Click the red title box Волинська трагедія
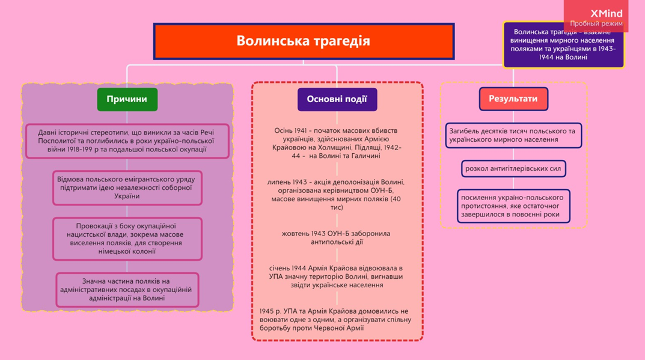(304, 41)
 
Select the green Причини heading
(127, 99)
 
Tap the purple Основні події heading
(337, 99)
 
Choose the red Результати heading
(513, 99)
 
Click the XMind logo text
(606, 13)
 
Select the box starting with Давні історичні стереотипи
(126, 141)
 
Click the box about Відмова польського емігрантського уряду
(126, 188)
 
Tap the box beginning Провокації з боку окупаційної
(126, 239)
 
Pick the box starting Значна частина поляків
(126, 290)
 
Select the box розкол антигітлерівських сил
(513, 169)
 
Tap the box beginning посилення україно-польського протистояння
(513, 206)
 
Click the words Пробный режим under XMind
(596, 24)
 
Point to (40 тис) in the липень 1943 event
(337, 207)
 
